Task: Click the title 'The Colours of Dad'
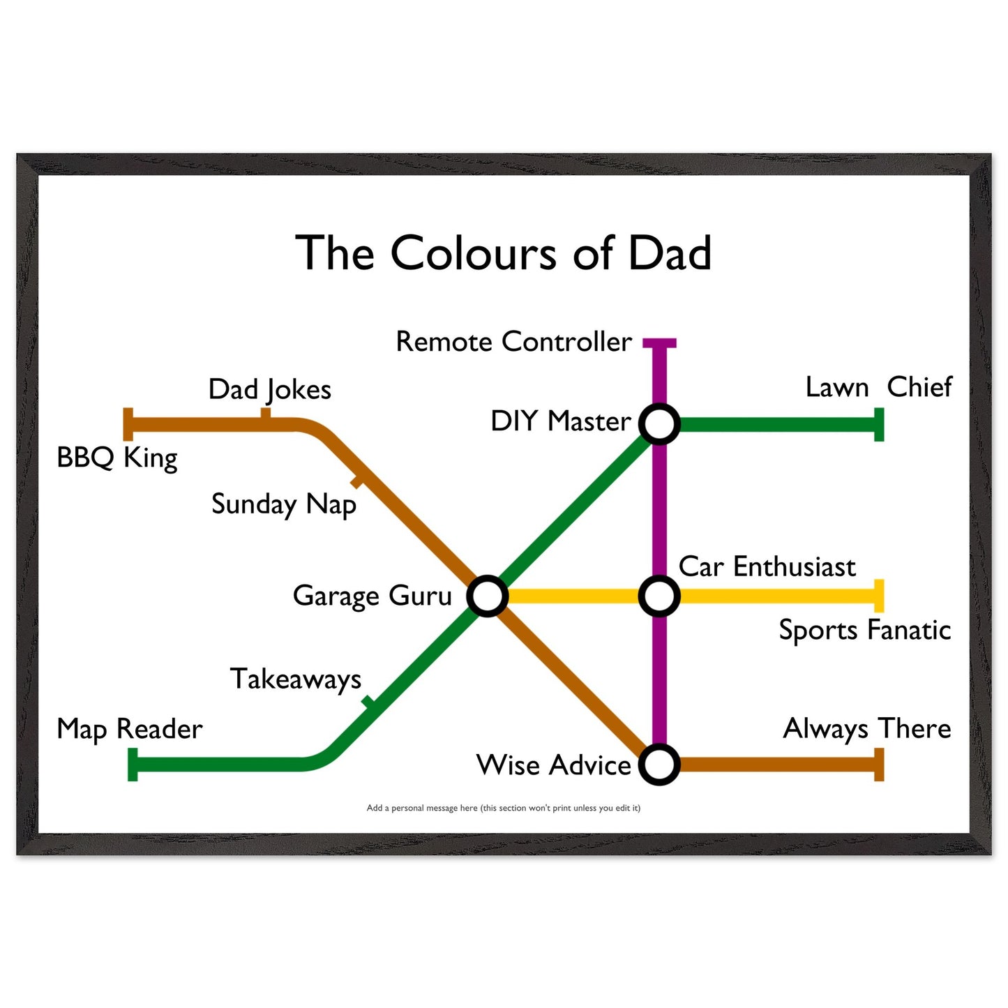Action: point(503,253)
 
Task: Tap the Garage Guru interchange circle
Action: point(487,596)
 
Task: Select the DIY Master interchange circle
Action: point(659,424)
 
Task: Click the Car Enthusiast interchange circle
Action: point(659,596)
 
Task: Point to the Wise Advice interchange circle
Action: point(659,765)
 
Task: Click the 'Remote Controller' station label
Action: point(513,342)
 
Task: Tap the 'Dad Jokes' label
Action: point(270,390)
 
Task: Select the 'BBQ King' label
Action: point(117,458)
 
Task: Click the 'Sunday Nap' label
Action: point(283,505)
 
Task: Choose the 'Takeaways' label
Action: point(296,679)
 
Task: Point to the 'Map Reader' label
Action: point(130,729)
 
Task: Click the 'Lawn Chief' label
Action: point(879,387)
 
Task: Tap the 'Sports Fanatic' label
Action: point(865,630)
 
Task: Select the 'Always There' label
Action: point(867,729)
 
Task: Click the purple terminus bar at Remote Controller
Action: point(659,343)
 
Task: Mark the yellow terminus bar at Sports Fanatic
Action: point(879,596)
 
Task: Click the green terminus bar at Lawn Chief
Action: point(879,424)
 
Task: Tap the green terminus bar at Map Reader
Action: point(133,765)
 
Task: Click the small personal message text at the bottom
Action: point(503,808)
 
